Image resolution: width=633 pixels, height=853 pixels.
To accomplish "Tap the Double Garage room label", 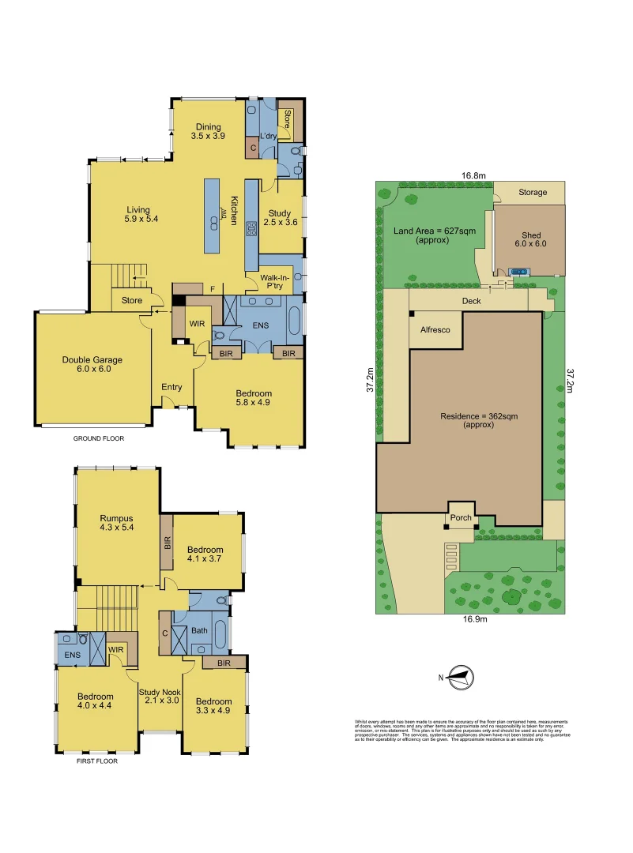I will (92, 365).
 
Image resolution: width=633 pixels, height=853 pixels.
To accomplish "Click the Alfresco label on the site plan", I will (434, 330).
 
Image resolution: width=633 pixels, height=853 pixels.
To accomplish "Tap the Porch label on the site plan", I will (461, 518).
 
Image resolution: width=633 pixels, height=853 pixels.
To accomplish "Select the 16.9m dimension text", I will (473, 619).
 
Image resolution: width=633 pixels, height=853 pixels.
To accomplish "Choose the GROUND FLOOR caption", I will (99, 438).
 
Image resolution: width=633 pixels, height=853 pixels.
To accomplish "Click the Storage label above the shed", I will (533, 192).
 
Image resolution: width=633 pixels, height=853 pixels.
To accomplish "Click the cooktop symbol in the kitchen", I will (252, 230).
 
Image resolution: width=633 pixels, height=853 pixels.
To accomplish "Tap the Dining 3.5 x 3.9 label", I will (209, 132).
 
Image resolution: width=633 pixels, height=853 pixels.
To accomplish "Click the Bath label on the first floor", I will (199, 630).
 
